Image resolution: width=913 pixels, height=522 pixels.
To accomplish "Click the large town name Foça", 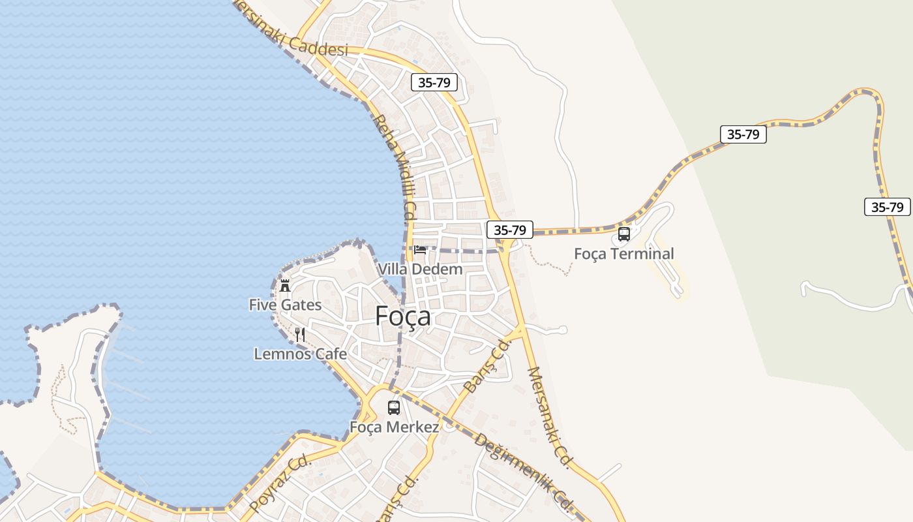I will tap(403, 316).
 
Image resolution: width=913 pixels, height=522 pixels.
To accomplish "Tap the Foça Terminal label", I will tap(623, 254).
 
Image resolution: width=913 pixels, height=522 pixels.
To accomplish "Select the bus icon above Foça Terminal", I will tap(624, 234).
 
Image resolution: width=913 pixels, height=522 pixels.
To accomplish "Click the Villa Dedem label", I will tap(420, 269).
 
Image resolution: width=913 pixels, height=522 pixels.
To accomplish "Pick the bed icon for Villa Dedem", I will tap(420, 249).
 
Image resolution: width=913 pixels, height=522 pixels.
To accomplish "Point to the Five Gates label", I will tap(285, 305).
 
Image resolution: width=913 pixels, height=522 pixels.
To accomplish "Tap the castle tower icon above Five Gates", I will tap(285, 285).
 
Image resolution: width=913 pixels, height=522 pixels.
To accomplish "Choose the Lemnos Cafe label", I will tap(300, 354).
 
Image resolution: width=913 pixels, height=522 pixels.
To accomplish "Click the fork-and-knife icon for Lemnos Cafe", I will tap(300, 335).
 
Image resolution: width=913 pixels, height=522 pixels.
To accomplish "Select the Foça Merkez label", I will tap(394, 427).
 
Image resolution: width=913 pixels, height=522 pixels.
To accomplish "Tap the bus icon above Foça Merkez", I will tap(394, 408).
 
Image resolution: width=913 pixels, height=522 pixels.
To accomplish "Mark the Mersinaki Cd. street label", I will tap(549, 418).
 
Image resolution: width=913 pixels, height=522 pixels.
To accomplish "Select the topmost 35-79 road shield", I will tap(434, 82).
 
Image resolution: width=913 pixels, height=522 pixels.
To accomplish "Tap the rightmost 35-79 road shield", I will tap(887, 207).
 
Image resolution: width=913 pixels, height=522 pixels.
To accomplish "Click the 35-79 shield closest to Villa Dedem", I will tap(510, 230).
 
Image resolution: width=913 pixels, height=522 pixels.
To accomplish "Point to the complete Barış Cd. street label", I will tap(486, 365).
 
